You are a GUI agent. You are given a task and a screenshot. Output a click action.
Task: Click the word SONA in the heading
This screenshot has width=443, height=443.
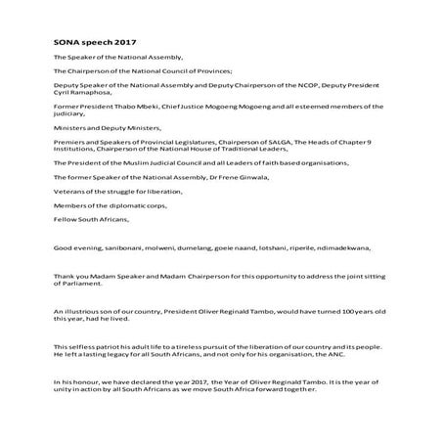pyautogui.click(x=65, y=44)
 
